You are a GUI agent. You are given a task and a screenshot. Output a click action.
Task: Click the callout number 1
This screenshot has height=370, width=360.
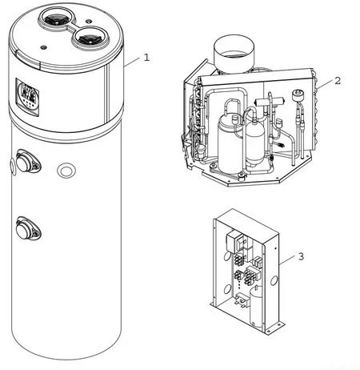[x=146, y=58]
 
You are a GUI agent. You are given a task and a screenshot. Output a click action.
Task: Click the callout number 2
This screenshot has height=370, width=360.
[x=338, y=81]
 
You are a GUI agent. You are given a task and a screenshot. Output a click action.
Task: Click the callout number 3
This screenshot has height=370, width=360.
[x=301, y=256]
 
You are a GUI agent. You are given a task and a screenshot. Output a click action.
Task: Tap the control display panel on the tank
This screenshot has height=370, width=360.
[x=27, y=98]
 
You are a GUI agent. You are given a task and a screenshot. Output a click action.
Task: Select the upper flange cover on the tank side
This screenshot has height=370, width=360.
[x=28, y=161]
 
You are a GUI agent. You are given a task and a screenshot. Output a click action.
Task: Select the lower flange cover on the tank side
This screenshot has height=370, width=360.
[x=28, y=229]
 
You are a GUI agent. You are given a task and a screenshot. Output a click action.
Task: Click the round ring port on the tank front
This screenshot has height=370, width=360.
[x=66, y=170]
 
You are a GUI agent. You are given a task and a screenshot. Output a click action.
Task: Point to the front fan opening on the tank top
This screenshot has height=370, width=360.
[x=90, y=38]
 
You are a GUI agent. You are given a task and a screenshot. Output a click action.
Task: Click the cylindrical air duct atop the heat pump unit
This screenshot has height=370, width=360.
[x=234, y=54]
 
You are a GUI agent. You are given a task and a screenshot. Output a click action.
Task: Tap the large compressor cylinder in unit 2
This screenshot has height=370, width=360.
[x=230, y=144]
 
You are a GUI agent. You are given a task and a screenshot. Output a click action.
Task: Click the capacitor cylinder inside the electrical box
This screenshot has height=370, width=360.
[x=257, y=307]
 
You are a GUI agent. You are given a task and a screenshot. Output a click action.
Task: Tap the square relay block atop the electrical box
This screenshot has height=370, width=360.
[x=234, y=242]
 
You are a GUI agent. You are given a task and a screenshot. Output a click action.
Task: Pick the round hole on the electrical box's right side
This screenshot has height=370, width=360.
[x=274, y=280]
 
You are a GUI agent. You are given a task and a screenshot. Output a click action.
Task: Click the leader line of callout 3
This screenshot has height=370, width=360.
[x=287, y=260]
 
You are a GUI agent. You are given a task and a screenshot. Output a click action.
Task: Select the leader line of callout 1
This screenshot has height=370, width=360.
[x=132, y=62]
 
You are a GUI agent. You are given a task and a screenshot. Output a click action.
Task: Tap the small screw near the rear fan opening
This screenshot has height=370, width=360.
[x=89, y=21]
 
